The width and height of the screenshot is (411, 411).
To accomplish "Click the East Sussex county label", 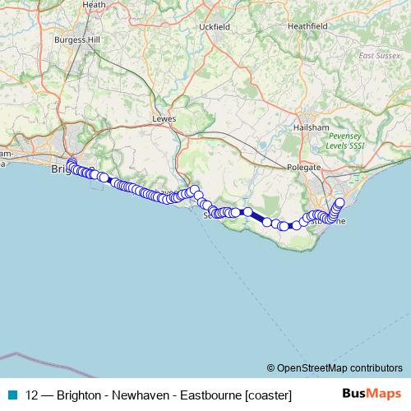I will pos(379,56).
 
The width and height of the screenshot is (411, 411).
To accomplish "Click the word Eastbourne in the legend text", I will pos(211,395).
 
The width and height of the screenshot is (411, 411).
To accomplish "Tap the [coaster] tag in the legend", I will pos(267,395).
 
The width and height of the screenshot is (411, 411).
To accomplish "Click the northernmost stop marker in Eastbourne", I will pos(340,201).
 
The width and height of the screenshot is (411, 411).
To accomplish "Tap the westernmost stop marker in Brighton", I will pos(71,163).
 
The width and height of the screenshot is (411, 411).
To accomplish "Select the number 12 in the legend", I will pos(33,395).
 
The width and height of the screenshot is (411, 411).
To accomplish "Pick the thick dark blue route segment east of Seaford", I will pos(256,217).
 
